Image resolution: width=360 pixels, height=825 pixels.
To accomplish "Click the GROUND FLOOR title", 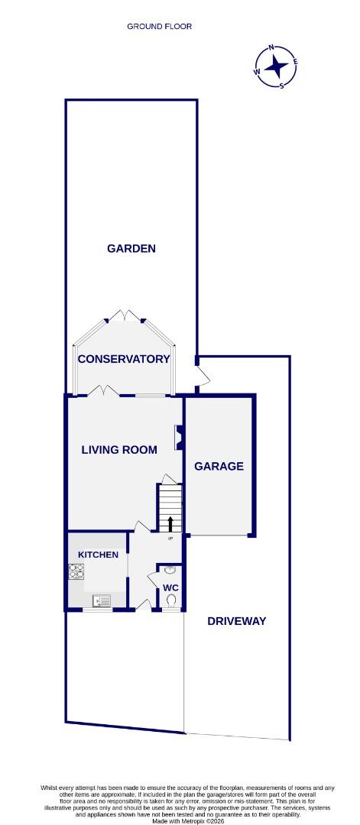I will coord(159,26).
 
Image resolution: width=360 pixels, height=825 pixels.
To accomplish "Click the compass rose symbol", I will coord(276,66).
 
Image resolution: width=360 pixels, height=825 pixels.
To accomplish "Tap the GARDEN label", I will coord(131,248).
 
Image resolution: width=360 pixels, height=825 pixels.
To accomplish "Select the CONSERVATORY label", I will coord(123,359).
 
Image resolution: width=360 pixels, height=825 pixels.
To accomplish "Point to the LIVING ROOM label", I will coord(119,450).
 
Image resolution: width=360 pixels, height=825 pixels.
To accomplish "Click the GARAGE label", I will coord(219,466).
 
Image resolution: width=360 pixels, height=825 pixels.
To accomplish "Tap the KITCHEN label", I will coord(98,555).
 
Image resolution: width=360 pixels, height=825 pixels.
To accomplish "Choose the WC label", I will coord(170,587).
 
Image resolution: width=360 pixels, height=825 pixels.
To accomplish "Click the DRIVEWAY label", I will coord(237,621).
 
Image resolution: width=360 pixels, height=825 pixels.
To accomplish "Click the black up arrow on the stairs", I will coord(170,524).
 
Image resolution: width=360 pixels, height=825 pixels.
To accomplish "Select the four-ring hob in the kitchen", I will coord(77,571).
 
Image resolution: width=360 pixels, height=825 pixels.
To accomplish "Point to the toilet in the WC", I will coord(170,602).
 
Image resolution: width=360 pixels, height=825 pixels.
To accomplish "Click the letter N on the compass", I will coord(271,48).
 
